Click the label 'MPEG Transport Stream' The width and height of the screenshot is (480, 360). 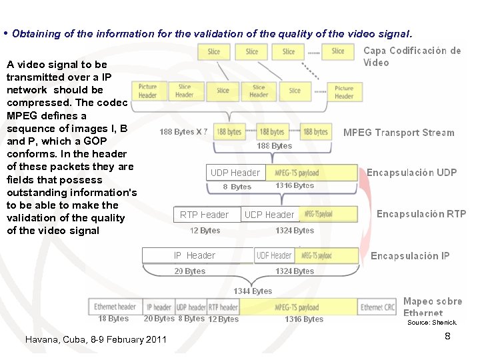pyautogui.click(x=399, y=133)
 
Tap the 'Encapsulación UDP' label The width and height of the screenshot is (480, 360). pyautogui.click(x=411, y=173)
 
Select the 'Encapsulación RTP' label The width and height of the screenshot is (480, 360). pyautogui.click(x=421, y=214)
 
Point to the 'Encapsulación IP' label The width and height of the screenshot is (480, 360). pyautogui.click(x=410, y=256)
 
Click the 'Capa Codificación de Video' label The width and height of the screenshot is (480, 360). pyautogui.click(x=412, y=56)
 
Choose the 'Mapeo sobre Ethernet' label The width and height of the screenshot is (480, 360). pyautogui.click(x=433, y=307)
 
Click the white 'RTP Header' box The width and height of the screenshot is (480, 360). pyautogui.click(x=204, y=215)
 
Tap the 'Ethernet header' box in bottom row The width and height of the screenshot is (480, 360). pyautogui.click(x=115, y=307)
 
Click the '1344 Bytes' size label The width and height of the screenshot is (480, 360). pyautogui.click(x=253, y=291)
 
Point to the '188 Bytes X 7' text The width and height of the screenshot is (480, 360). pyautogui.click(x=183, y=132)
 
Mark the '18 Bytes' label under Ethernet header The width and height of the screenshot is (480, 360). pyautogui.click(x=113, y=319)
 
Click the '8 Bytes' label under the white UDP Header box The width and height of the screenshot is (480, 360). pyautogui.click(x=237, y=187)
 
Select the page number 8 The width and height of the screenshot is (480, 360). pyautogui.click(x=447, y=336)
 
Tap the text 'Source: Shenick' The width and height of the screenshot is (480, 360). pyautogui.click(x=432, y=323)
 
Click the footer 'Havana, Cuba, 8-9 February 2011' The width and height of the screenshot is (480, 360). pyautogui.click(x=95, y=339)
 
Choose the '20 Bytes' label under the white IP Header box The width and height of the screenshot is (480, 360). pyautogui.click(x=190, y=271)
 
